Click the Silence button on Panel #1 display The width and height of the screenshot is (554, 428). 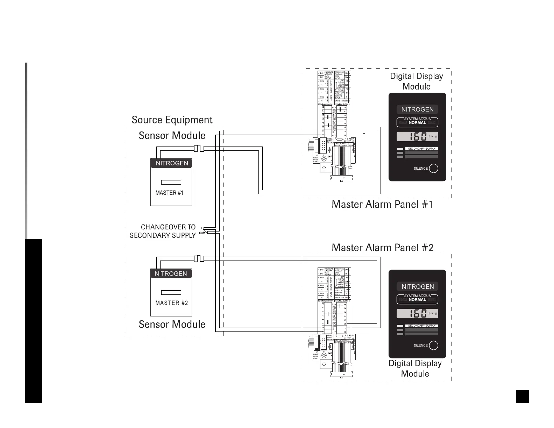coord(433,169)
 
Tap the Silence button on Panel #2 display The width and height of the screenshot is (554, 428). coord(433,345)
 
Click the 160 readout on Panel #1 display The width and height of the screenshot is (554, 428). coord(418,136)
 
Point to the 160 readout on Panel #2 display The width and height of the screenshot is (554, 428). coord(418,313)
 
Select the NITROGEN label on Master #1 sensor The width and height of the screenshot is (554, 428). coord(172,163)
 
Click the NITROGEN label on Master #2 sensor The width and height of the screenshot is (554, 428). coord(171,273)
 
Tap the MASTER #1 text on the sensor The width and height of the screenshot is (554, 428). coord(169,193)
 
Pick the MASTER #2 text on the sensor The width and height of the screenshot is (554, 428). coord(171,303)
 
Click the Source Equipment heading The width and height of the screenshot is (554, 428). coord(172,120)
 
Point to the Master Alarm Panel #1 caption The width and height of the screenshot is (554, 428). coord(382,204)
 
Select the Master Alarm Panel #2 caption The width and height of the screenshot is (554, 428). coord(382,248)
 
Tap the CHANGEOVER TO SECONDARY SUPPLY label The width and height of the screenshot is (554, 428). coord(163,231)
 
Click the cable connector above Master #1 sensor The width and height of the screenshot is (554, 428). coord(199,149)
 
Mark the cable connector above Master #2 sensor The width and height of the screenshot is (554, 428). coord(199,259)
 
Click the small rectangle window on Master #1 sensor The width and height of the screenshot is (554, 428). coord(171,182)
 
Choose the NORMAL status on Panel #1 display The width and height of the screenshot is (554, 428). coord(417,123)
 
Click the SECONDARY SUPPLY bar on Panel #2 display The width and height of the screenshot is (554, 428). coord(421,326)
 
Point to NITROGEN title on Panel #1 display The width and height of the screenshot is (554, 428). coord(417,109)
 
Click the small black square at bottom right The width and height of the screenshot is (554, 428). coord(522,397)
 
